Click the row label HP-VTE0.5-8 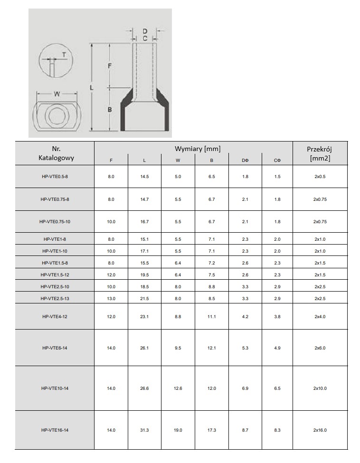[x=55, y=177]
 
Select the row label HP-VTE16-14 [x=55, y=430]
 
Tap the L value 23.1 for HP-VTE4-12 [x=144, y=317]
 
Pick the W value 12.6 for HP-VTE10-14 [x=178, y=388]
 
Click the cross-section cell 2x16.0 [x=320, y=430]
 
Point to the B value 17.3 [x=212, y=430]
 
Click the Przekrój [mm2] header [x=320, y=153]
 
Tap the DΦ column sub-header [x=245, y=161]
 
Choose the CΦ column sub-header [x=278, y=161]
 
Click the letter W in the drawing [x=57, y=94]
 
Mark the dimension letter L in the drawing [x=92, y=88]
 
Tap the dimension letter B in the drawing [x=110, y=110]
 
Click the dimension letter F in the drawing [x=110, y=66]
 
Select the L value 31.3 [x=144, y=430]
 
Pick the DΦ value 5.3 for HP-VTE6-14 [x=245, y=348]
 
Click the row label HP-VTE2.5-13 [x=55, y=298]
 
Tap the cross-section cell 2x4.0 [x=320, y=317]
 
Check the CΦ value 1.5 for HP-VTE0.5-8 [x=278, y=177]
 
